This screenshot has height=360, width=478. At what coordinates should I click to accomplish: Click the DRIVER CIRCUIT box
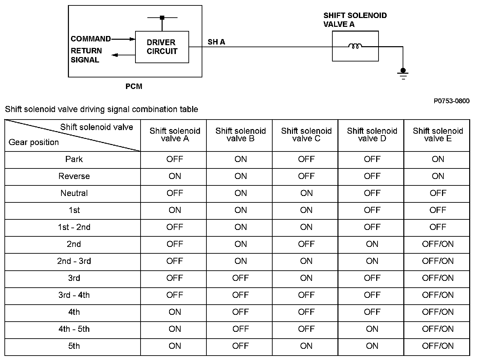pos(162,47)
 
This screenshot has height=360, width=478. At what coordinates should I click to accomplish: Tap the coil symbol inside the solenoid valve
pos(355,46)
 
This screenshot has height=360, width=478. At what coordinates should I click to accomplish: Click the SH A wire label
pos(216,42)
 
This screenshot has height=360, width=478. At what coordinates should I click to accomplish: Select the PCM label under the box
pos(134,86)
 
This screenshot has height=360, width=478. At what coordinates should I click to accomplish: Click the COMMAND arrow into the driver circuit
pos(123,39)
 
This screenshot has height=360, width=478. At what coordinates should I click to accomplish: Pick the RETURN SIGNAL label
pos(86,55)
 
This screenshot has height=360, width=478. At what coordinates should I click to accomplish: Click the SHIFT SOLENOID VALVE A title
pos(355,20)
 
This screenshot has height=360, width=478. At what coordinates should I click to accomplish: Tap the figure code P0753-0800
pos(452,101)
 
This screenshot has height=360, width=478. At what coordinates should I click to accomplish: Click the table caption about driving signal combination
pos(102,109)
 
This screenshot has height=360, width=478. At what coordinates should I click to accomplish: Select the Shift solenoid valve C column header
pos(306,135)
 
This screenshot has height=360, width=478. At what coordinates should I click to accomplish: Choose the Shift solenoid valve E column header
pos(438,135)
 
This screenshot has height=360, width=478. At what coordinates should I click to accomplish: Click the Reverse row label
pos(74,176)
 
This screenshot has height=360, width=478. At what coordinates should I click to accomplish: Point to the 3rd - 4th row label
pos(74,295)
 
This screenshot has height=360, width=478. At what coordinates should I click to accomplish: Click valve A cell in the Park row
pos(174,159)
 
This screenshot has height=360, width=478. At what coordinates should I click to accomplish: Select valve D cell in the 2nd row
pos(372,244)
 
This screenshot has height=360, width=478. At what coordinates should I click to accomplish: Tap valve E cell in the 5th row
pos(438,346)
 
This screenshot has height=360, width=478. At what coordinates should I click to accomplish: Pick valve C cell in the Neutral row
pos(306,193)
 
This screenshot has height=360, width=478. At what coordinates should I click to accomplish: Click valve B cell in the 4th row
pos(240,312)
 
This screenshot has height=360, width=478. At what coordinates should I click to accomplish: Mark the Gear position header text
pos(34,142)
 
